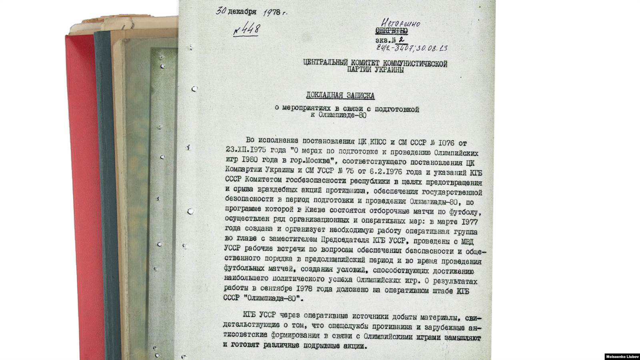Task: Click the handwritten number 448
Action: click(x=248, y=30)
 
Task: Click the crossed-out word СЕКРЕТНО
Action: click(x=392, y=31)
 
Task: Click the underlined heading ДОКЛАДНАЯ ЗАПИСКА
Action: click(x=340, y=96)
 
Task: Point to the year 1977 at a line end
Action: click(x=468, y=222)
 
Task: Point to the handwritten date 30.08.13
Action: click(x=432, y=48)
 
